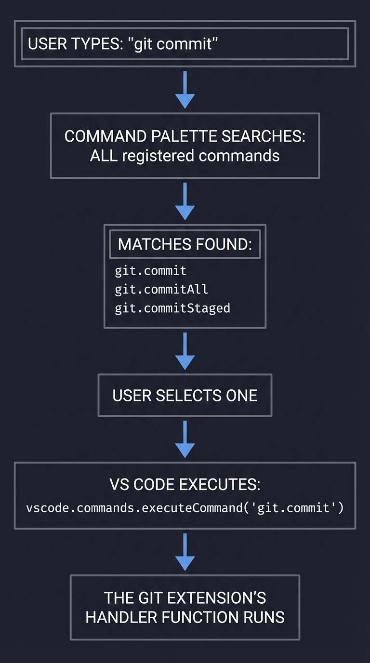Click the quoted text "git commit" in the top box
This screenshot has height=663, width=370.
174,44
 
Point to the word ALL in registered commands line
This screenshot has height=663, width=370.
101,156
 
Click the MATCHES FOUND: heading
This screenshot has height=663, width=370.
185,244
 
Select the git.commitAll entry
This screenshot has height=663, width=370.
161,289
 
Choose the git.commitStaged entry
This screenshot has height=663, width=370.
172,308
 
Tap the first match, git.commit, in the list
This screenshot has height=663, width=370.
150,271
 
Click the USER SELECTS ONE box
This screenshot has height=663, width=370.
185,396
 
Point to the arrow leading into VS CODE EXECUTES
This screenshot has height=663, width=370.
185,439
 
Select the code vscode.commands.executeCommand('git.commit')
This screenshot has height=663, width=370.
185,508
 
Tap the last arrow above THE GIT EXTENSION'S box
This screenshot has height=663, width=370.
185,552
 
